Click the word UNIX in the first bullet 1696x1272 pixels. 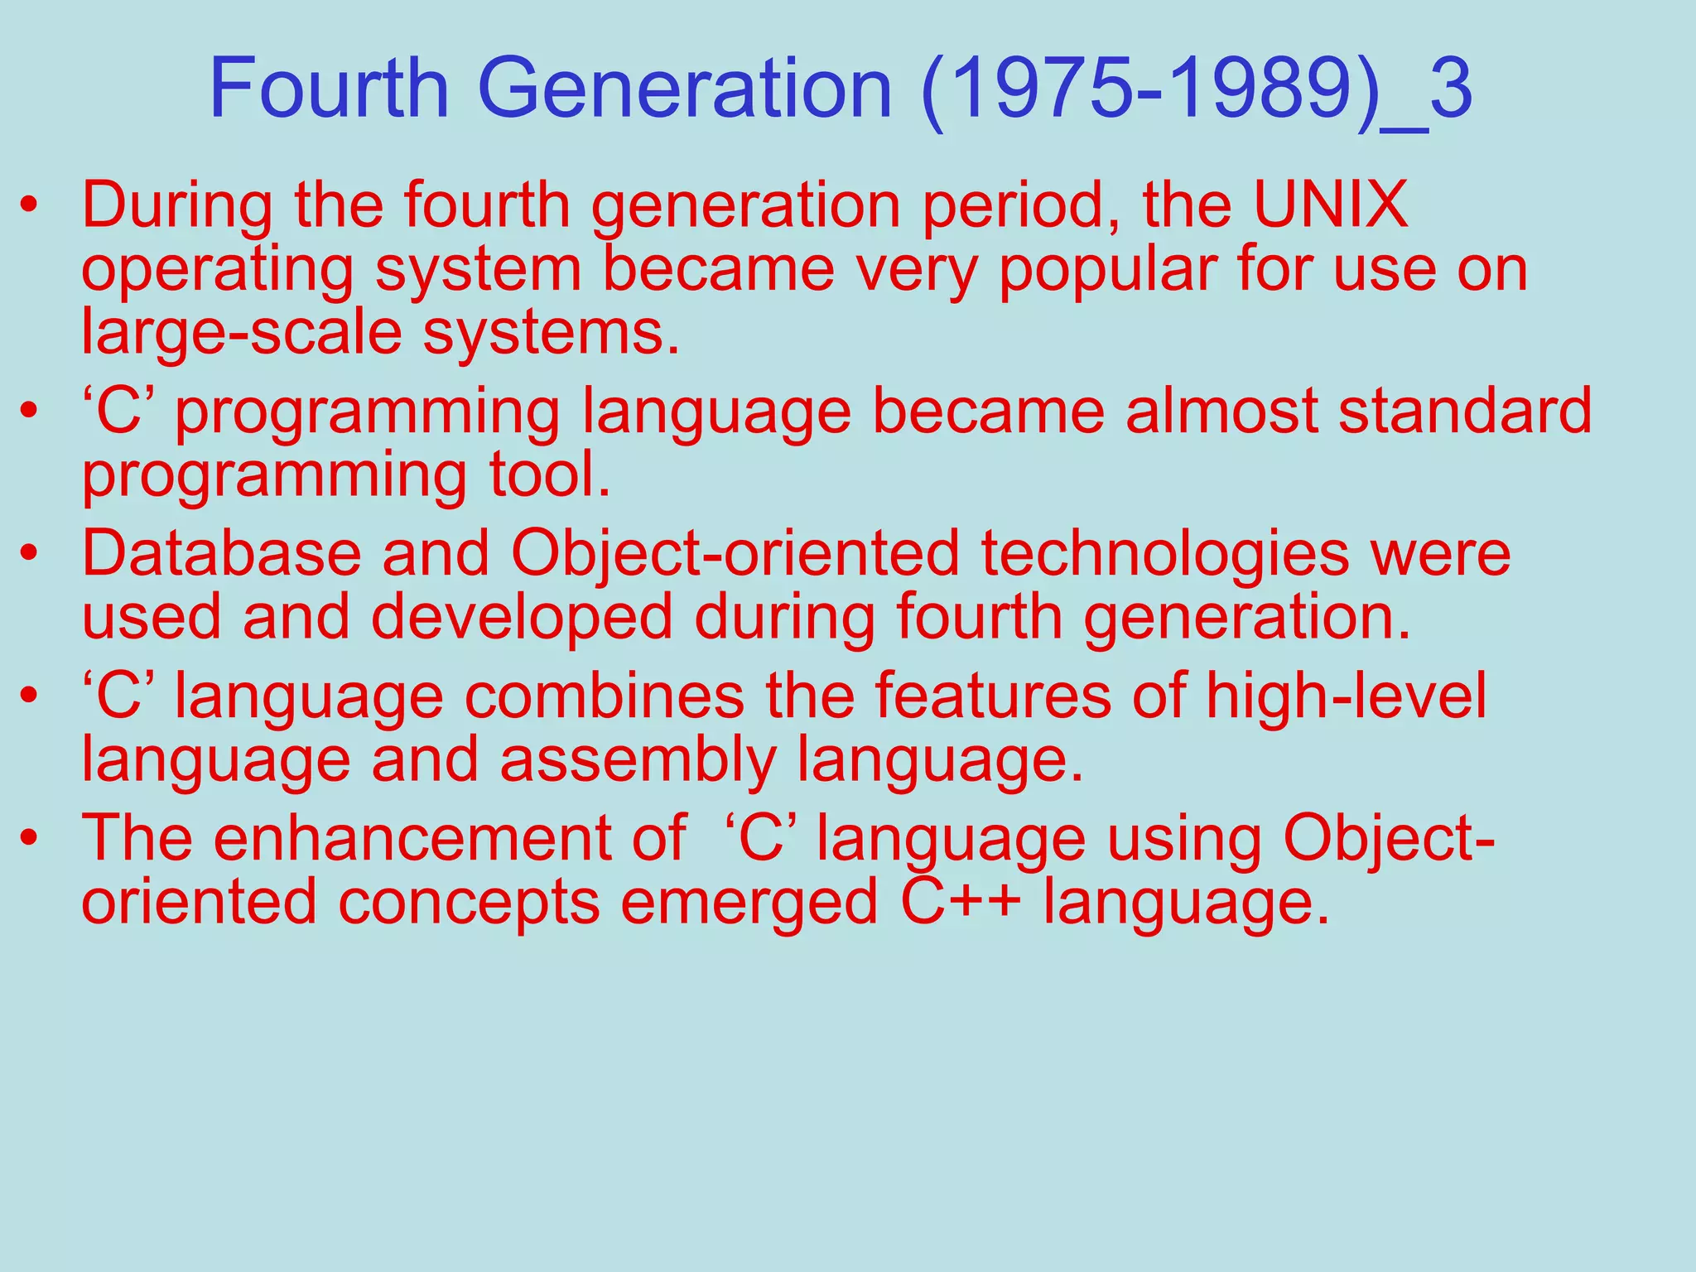[1330, 205]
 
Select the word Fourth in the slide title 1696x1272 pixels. [329, 89]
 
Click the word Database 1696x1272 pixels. [221, 553]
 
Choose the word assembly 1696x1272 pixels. [638, 760]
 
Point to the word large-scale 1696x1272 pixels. [241, 332]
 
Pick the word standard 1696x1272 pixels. [1465, 412]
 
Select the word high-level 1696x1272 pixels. [1346, 696]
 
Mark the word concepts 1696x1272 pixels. [469, 902]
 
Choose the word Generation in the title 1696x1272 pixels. [684, 89]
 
